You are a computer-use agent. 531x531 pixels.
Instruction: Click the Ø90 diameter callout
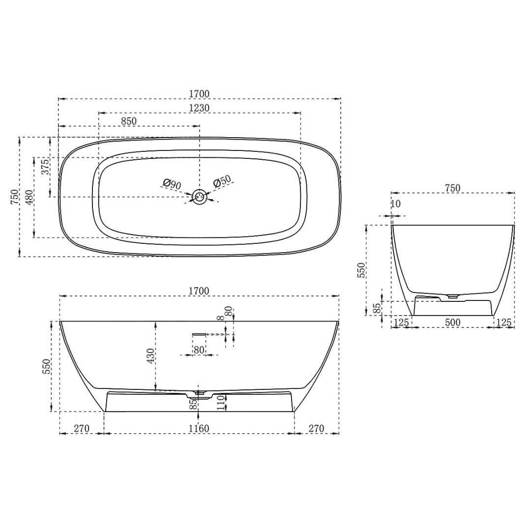click(172, 184)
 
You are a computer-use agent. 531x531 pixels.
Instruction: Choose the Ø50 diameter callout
click(222, 181)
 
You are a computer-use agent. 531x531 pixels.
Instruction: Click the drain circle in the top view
click(200, 197)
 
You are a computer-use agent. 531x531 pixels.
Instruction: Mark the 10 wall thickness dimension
click(396, 204)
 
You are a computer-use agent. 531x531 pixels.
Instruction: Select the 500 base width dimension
click(452, 323)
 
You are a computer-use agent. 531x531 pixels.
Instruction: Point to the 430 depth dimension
click(150, 355)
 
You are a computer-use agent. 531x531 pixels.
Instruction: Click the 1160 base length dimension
click(199, 429)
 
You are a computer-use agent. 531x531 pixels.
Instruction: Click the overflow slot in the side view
click(199, 334)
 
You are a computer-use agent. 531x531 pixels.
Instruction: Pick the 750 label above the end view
click(452, 188)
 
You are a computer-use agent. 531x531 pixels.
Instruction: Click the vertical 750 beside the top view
click(14, 197)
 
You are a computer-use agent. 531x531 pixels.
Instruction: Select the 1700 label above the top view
click(199, 94)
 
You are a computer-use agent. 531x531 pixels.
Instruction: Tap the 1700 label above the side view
click(199, 291)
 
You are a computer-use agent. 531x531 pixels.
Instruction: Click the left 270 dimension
click(82, 429)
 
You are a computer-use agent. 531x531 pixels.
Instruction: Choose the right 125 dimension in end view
click(504, 323)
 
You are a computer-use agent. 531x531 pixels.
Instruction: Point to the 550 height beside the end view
click(361, 270)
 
